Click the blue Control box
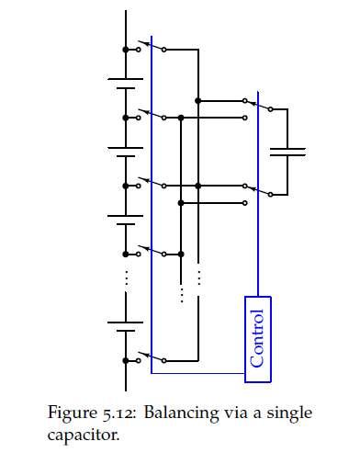coord(258,339)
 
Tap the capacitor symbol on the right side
coord(287,152)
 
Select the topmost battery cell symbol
coord(125,84)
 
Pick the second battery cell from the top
coord(125,153)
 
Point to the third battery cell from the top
coord(125,221)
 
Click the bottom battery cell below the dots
coord(125,326)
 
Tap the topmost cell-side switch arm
coord(151,45)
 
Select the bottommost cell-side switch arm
coord(151,356)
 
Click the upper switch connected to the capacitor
coord(257,105)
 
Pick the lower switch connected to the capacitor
coord(257,190)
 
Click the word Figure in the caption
coord(72,413)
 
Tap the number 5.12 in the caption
coord(119,413)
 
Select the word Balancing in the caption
coord(182,413)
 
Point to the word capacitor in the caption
coord(84,435)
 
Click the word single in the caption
coord(289,413)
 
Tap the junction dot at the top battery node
coord(126,50)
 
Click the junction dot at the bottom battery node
coord(126,361)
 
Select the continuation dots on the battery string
coord(126,277)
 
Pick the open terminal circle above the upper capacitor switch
coord(244,100)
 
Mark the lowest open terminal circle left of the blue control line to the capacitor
coord(244,203)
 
